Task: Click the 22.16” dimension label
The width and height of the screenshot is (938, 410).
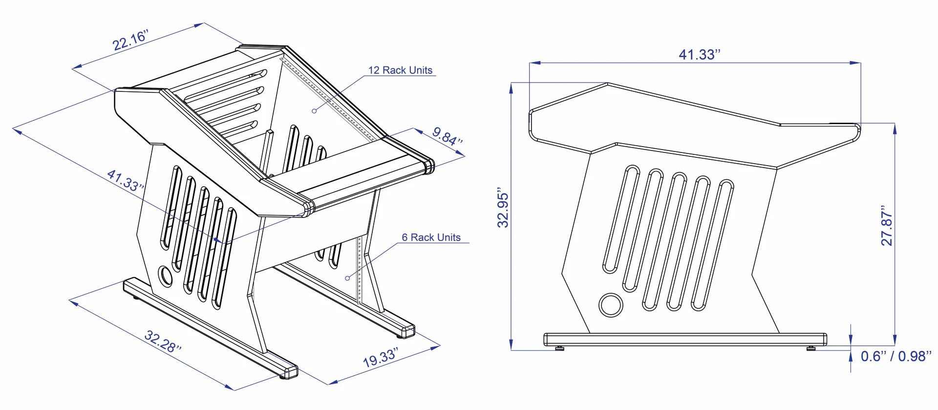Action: pos(130,40)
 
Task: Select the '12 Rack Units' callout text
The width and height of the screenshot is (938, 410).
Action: pos(400,70)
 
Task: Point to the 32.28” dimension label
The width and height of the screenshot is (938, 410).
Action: pos(163,342)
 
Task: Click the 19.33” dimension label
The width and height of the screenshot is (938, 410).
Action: pos(381,357)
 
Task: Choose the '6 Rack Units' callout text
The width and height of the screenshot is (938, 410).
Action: pos(431,237)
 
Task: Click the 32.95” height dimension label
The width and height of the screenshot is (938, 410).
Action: pos(503,207)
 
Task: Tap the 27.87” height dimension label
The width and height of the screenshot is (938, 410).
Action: pos(887,225)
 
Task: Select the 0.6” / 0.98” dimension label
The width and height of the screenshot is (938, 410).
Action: pos(896,356)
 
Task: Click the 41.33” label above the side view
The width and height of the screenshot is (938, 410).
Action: pos(700,54)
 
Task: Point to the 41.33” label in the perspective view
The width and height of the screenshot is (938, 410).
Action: pos(126,180)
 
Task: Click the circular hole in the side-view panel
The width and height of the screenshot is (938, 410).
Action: pos(611,305)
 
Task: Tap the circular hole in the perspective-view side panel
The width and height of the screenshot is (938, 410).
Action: pos(166,277)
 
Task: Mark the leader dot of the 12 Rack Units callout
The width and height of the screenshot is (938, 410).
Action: pos(314,111)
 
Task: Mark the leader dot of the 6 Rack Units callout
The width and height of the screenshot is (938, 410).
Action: pos(347,278)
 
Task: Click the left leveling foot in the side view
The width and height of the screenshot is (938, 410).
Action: pos(560,348)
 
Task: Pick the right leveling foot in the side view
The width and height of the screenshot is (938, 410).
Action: pos(811,348)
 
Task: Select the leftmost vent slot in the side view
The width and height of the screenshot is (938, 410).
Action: pos(621,219)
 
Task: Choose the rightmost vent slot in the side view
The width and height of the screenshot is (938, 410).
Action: pos(712,245)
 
